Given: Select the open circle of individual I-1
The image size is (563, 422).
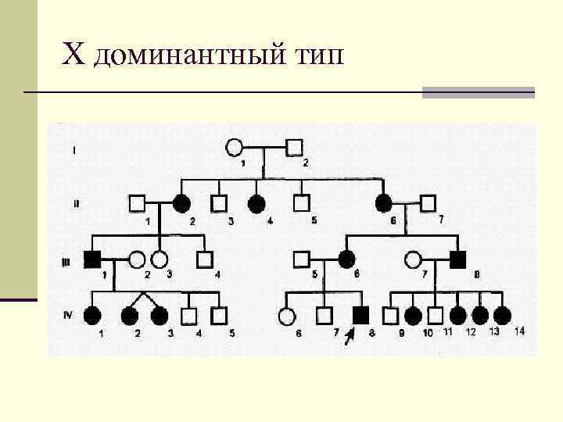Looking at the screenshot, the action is click(234, 147).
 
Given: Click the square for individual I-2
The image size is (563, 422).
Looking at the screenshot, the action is click(294, 147).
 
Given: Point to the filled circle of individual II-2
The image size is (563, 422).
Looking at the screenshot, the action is click(181, 203).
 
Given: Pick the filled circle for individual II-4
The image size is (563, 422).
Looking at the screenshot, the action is click(256, 203).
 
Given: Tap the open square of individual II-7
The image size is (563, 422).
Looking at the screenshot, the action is click(427, 203).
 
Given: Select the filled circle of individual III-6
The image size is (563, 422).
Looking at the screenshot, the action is click(346, 258).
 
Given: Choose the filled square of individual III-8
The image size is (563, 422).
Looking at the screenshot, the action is click(459, 258).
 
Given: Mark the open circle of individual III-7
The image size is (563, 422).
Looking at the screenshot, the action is click(414, 258).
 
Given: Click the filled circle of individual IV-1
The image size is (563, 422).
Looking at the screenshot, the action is click(93, 316).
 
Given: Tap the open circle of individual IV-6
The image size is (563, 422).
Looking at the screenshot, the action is click(287, 316).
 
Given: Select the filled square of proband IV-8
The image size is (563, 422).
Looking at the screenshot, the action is click(360, 316).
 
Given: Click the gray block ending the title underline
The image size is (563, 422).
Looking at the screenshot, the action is click(478, 92).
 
